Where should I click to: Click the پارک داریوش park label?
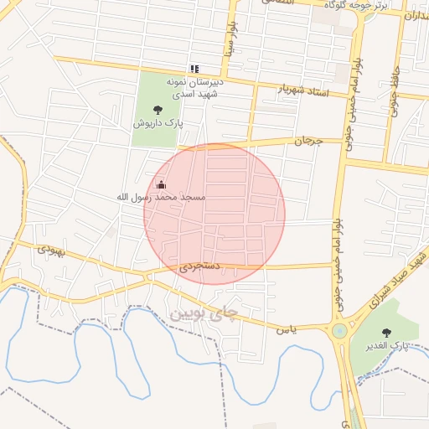(158, 122)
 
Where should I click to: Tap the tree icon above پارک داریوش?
(158, 108)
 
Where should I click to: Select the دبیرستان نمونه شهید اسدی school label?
(194, 89)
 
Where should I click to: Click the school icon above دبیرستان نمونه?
(194, 69)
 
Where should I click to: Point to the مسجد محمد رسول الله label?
(161, 196)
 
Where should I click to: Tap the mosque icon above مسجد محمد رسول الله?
(161, 184)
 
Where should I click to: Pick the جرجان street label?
(308, 142)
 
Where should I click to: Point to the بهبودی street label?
(51, 250)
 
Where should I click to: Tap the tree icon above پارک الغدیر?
(386, 332)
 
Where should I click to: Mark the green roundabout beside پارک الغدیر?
(339, 330)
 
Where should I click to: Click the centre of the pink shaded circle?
(214, 214)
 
